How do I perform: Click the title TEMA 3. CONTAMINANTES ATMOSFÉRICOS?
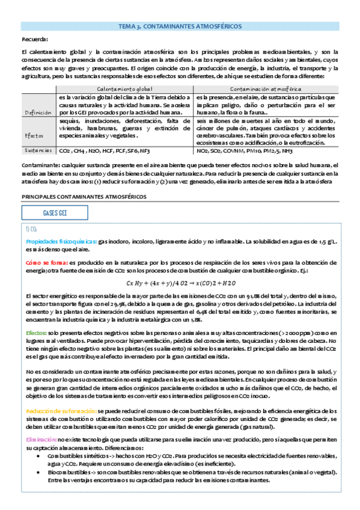click(x=180, y=27)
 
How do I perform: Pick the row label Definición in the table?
click(x=38, y=112)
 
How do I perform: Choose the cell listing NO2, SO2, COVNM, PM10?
click(x=244, y=152)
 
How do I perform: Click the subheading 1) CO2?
click(x=32, y=229)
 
